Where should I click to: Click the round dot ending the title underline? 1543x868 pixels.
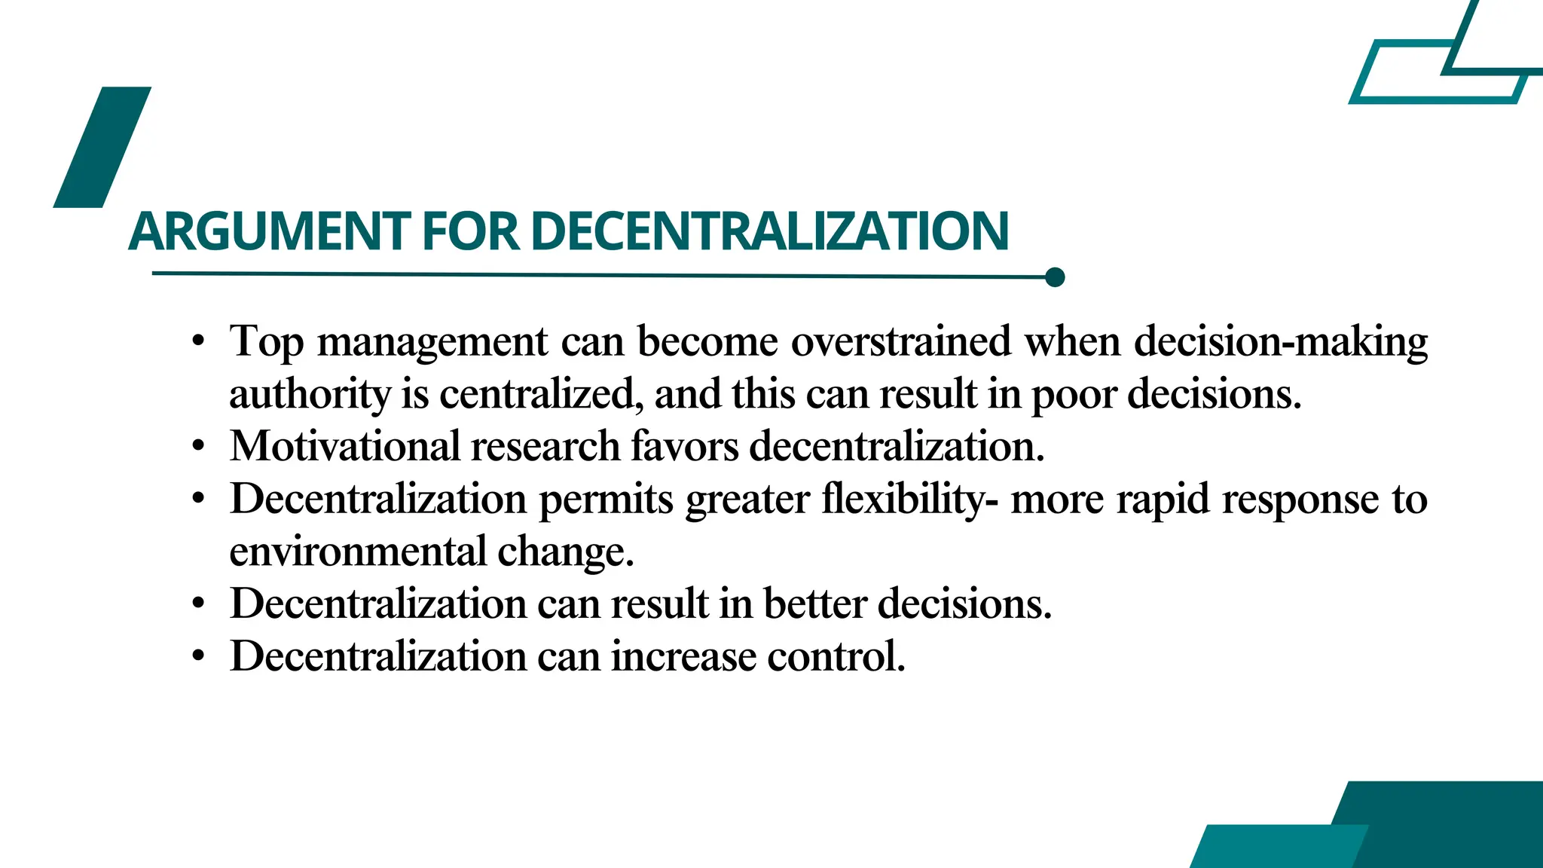1055,277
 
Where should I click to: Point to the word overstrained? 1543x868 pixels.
900,341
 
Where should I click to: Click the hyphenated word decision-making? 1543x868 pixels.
1281,343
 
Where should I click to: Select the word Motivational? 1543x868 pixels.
345,446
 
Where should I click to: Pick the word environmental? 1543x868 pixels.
358,552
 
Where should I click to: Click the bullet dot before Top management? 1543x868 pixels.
198,342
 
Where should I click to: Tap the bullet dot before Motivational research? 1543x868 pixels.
198,447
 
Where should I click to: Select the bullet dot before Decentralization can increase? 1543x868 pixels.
198,656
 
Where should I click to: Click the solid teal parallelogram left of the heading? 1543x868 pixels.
102,147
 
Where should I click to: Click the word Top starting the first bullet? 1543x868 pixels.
267,343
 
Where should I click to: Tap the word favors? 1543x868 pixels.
684,446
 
